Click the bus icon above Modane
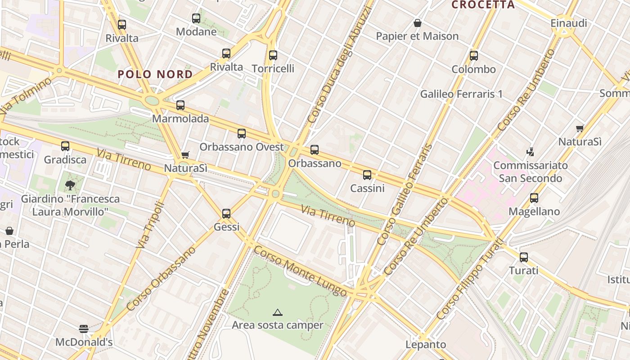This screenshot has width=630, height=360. pos(196,18)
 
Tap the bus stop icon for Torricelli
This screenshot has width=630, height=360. pos(273,55)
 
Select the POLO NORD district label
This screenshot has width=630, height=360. pos(155,74)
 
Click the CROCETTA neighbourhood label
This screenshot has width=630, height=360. pos(483,5)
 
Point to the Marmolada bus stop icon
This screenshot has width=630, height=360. pos(180,105)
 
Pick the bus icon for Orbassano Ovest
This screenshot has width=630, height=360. pos(242,134)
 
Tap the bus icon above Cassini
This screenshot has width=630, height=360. pos(367,175)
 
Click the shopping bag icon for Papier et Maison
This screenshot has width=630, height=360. pos(418,23)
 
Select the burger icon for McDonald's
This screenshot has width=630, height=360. pos(84,329)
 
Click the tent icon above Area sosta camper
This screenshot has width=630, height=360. pos(278,312)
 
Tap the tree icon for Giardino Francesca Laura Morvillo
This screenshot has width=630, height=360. pos(70,185)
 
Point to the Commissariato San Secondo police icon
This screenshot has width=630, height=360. pos(531,152)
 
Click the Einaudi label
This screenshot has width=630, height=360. pos(569,23)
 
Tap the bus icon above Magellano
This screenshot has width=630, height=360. pos(534,198)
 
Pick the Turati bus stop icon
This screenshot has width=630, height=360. pos(524,257)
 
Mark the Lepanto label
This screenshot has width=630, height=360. pos(426,345)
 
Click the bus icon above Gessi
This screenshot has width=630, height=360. pos(226,214)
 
